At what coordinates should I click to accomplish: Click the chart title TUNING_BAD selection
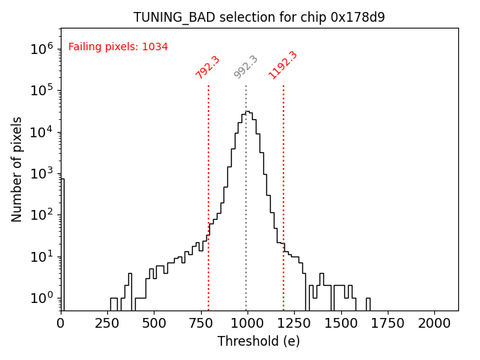(x=259, y=17)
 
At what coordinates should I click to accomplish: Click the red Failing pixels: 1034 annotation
(x=118, y=46)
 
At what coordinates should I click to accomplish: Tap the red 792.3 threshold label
(x=208, y=67)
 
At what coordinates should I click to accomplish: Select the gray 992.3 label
(x=246, y=67)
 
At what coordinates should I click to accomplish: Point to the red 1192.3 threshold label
(x=283, y=65)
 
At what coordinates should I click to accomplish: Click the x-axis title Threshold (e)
(x=259, y=341)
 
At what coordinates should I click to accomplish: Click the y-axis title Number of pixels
(x=17, y=169)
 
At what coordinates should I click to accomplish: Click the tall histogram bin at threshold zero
(x=62, y=240)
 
